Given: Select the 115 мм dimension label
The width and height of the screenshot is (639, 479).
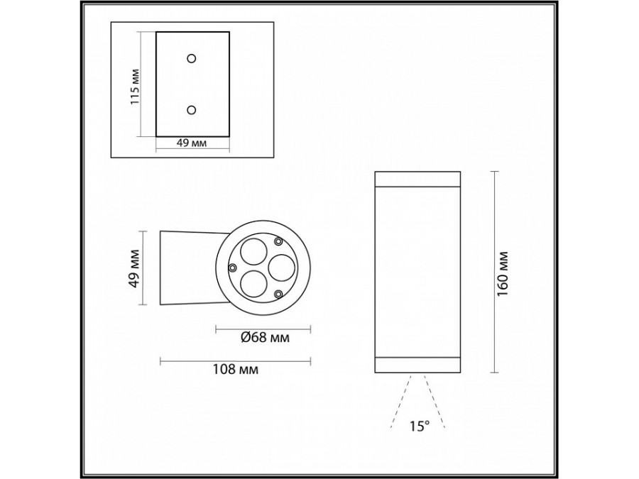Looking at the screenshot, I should (135, 87).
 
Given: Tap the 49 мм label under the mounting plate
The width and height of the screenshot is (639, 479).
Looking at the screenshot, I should (191, 143).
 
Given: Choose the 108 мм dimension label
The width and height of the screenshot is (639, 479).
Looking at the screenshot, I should (235, 370).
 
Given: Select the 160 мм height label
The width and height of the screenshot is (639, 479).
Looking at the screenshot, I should (505, 274).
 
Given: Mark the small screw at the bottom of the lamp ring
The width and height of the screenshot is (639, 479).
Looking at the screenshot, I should (278, 293).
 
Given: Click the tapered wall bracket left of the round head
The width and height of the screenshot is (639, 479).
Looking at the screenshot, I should (186, 268).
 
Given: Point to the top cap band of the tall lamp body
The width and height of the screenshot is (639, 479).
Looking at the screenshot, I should (416, 177).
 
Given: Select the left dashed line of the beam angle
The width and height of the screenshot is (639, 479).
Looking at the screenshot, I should (400, 402).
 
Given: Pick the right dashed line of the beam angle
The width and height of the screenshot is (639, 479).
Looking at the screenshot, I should (434, 402).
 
